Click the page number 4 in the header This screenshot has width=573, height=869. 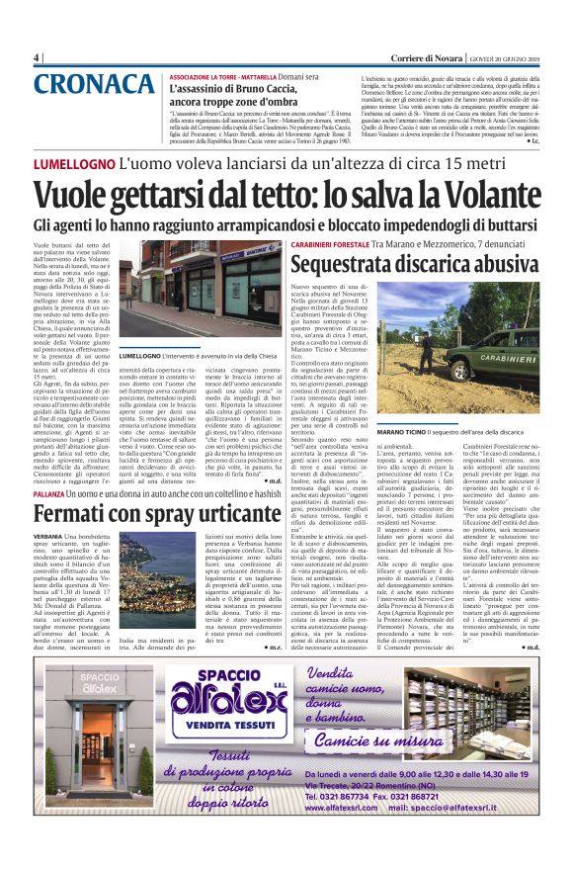click(x=37, y=57)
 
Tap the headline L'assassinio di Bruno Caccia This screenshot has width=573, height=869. click(x=240, y=87)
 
